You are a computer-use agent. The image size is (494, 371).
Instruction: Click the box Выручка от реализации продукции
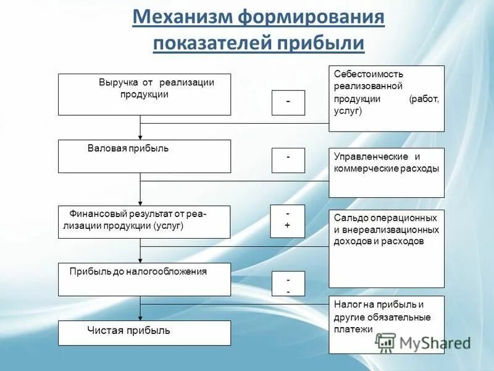coord(144,95)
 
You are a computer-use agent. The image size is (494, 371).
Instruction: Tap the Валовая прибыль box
coord(144,156)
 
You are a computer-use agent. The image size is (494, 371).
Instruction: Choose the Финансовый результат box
coord(144,221)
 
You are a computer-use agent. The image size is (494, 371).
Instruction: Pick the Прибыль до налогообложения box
coord(144,279)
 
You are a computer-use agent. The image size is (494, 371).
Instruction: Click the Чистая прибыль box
coord(144,333)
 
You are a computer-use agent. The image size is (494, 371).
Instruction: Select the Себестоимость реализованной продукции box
coord(386,98)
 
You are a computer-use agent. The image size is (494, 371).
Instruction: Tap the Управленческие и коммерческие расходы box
coord(386,173)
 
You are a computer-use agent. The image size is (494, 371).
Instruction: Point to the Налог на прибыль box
coord(386,325)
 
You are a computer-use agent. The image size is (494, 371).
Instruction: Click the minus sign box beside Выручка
coord(288,103)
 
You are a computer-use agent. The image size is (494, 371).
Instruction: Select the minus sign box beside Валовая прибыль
coord(288,160)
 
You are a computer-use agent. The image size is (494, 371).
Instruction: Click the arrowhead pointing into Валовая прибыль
coord(140,137)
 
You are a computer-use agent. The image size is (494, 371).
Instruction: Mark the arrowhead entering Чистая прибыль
coord(140,317)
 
